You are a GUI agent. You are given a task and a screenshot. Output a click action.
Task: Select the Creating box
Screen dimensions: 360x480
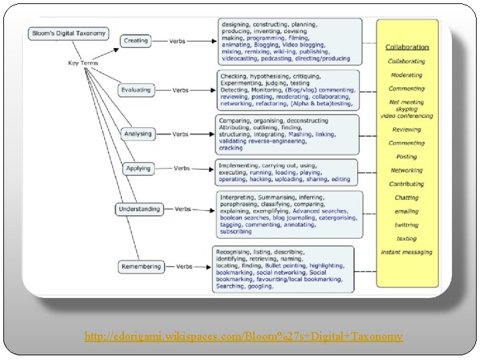pyautogui.click(x=136, y=41)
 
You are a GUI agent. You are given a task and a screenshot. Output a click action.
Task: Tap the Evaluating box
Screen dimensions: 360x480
pyautogui.click(x=136, y=90)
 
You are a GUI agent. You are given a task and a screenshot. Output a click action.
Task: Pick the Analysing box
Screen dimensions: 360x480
pyautogui.click(x=138, y=134)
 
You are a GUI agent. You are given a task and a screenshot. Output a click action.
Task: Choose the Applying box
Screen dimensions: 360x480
pyautogui.click(x=139, y=169)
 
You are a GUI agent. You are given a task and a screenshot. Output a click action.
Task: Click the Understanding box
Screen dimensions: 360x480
pyautogui.click(x=139, y=209)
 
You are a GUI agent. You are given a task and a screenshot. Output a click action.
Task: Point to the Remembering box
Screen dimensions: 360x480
pyautogui.click(x=141, y=267)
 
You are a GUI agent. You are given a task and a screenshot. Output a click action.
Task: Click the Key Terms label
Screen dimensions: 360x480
pyautogui.click(x=83, y=63)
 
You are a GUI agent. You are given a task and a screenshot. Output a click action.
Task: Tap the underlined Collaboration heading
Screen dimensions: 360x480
pyautogui.click(x=407, y=47)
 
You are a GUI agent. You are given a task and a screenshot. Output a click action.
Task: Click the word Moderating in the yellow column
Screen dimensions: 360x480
pyautogui.click(x=407, y=75)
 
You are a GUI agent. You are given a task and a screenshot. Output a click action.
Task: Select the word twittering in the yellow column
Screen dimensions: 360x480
pyautogui.click(x=407, y=225)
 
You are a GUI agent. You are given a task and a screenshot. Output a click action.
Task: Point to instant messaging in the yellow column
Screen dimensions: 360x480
pyautogui.click(x=407, y=252)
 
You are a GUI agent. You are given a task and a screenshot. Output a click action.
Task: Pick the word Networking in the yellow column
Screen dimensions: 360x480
pyautogui.click(x=407, y=171)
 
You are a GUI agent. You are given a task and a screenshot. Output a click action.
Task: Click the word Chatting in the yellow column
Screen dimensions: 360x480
pyautogui.click(x=407, y=198)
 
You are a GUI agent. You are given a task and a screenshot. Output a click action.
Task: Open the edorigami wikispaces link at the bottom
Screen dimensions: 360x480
pyautogui.click(x=243, y=337)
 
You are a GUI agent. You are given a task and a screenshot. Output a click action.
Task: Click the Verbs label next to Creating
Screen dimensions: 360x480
pyautogui.click(x=177, y=41)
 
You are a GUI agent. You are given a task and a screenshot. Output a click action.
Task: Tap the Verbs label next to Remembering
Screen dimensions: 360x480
pyautogui.click(x=184, y=267)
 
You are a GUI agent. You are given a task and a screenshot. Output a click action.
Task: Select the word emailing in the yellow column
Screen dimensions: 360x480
pyautogui.click(x=407, y=211)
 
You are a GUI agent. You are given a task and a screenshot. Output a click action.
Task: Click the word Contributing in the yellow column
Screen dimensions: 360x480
pyautogui.click(x=407, y=184)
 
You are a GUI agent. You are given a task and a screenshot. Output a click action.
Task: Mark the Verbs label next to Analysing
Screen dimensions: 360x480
pyautogui.click(x=181, y=134)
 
